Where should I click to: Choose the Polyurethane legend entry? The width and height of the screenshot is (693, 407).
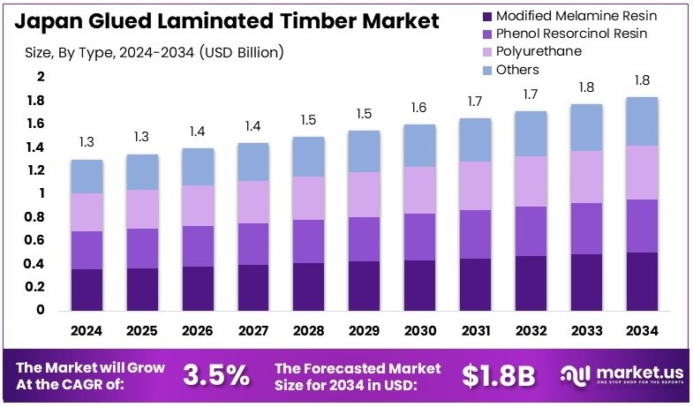(539, 51)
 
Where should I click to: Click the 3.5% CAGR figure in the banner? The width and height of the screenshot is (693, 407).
(216, 375)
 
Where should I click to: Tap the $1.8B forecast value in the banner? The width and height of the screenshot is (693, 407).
(499, 375)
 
